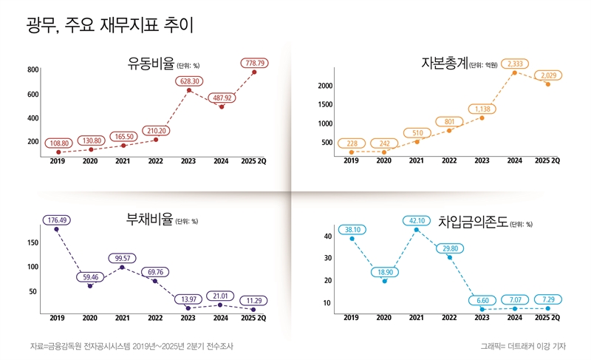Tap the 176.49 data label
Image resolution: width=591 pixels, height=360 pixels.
56,220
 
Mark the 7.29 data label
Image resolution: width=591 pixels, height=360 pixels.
547,300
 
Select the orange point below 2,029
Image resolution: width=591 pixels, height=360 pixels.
547,84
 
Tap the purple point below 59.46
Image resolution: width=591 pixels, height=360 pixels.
90,285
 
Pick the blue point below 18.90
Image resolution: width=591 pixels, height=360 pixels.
384,281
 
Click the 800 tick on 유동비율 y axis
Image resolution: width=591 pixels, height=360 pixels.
33,70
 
